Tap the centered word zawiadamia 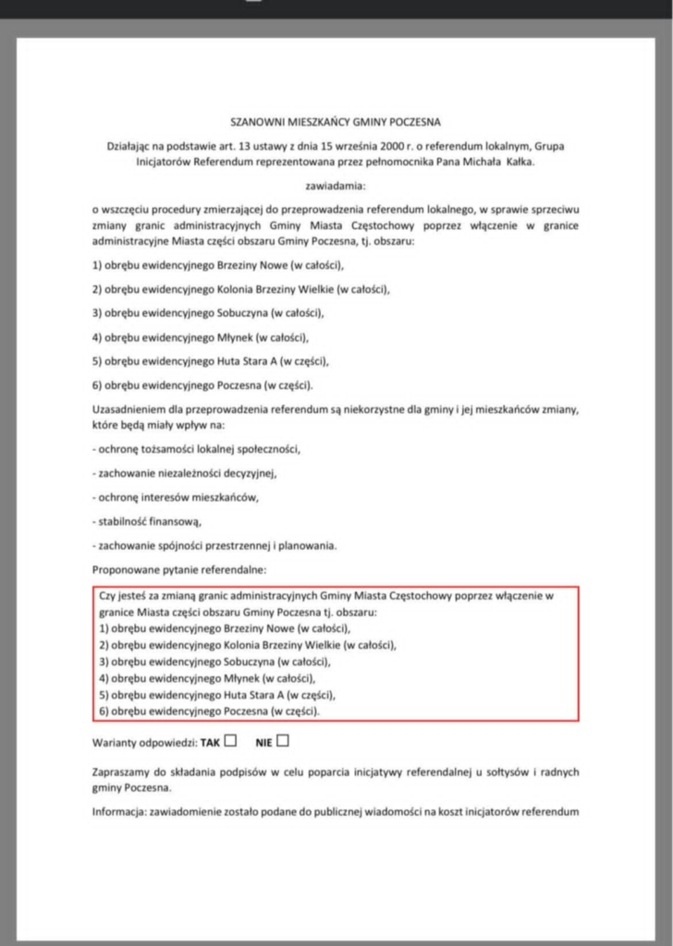[336, 186]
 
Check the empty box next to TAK [230, 740]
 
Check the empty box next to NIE [283, 740]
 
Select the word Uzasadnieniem [128, 409]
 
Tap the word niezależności [191, 473]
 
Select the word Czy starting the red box [107, 597]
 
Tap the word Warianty [115, 742]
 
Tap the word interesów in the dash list [165, 498]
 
